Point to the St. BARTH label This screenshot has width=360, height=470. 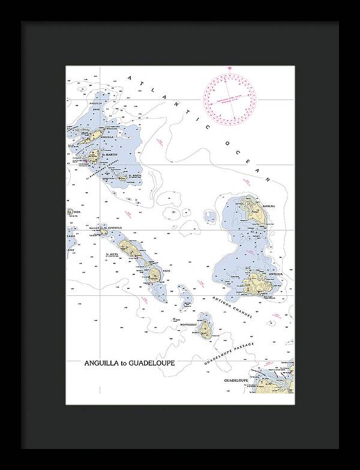[135, 175]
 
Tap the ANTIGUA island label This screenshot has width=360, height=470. [275, 274]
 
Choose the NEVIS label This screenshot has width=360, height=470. [166, 271]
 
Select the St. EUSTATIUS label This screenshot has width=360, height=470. [113, 229]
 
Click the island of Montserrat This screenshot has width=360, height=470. [206, 328]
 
